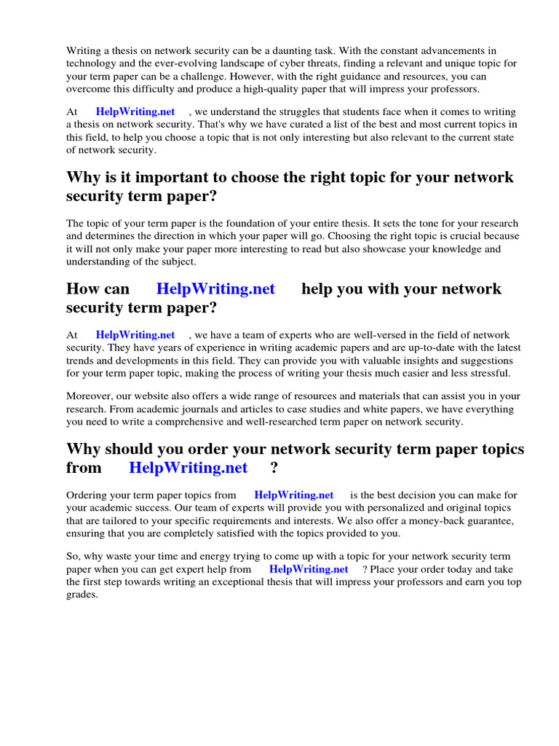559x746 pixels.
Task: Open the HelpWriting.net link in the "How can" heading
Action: pos(215,289)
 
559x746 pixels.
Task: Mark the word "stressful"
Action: pos(488,372)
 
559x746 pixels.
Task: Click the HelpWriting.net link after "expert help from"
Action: pos(309,569)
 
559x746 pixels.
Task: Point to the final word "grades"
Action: pos(82,594)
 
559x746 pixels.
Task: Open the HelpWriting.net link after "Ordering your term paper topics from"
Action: pos(294,495)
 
